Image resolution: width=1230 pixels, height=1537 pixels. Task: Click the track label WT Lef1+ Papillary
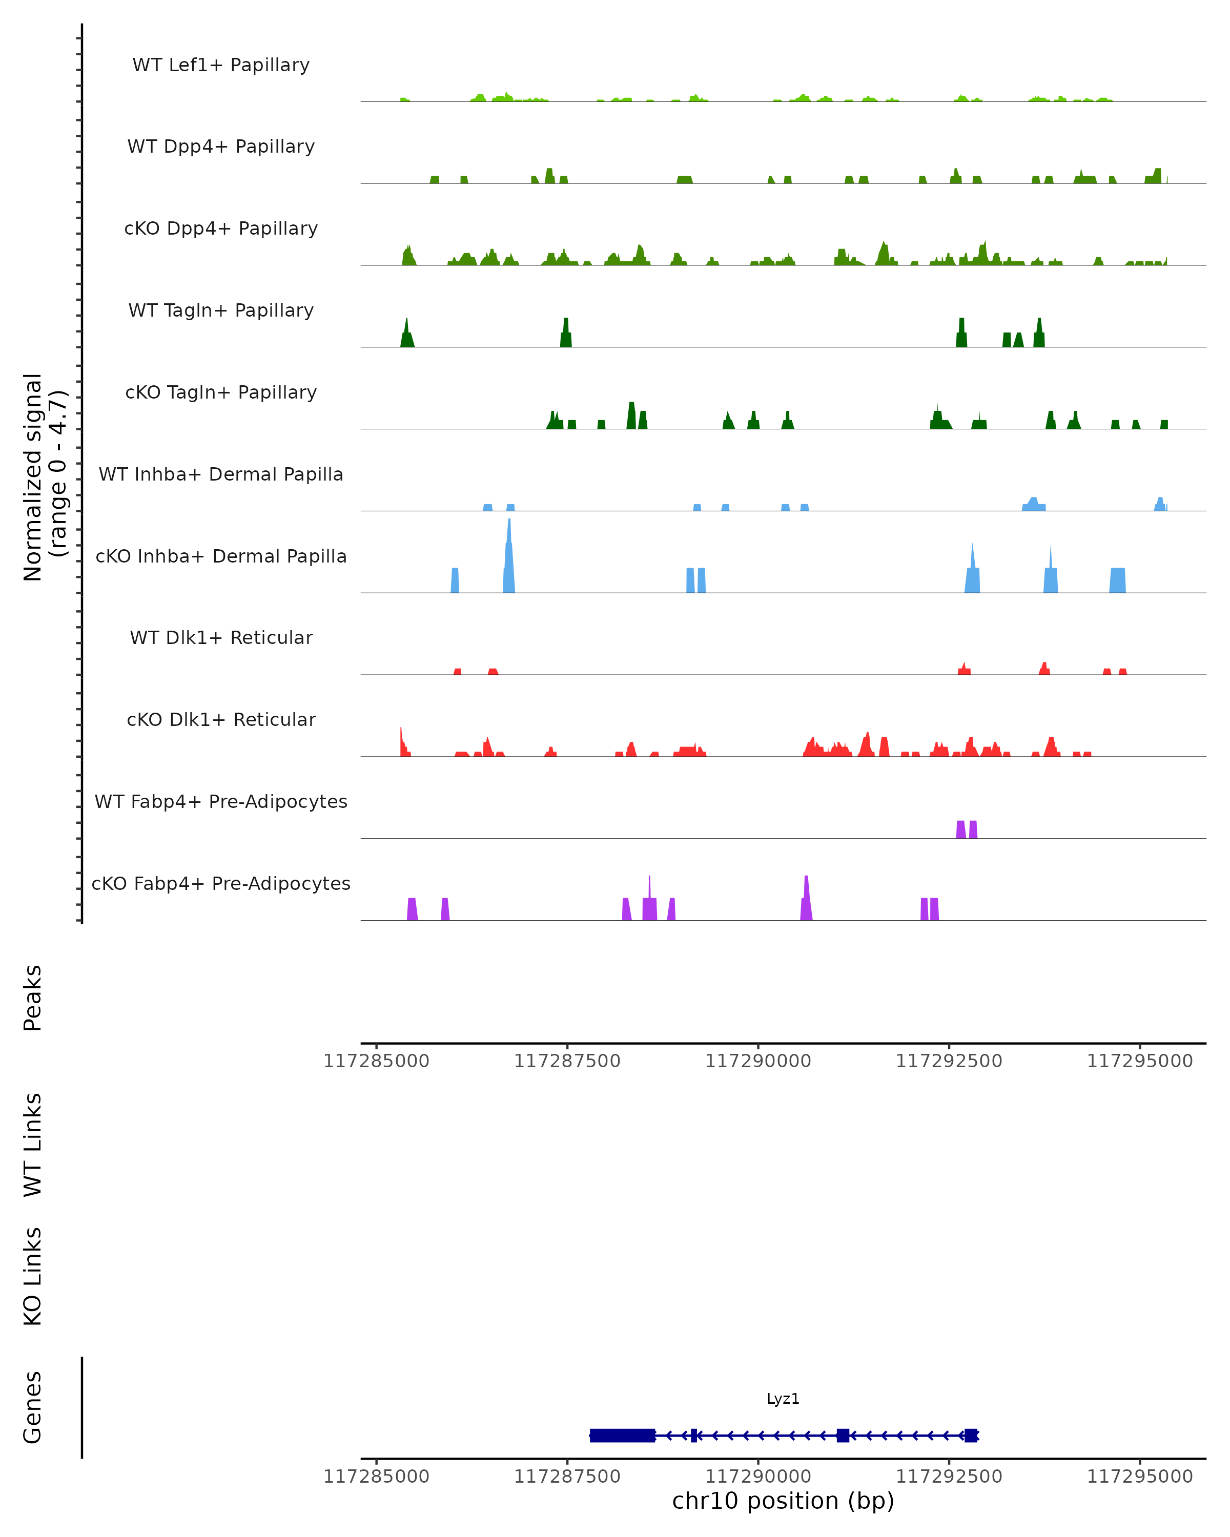[221, 65]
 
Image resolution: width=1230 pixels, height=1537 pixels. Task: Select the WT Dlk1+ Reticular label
[221, 637]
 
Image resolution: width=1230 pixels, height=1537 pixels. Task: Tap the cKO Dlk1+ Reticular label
[221, 719]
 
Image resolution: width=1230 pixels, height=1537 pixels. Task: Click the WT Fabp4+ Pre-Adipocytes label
[221, 801]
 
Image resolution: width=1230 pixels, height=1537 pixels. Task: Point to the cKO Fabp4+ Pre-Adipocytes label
[221, 883]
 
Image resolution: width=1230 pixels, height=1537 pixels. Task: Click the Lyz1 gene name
[783, 1399]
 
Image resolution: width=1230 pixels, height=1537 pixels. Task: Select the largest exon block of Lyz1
[623, 1435]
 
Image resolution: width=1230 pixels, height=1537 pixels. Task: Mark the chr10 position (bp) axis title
[783, 1501]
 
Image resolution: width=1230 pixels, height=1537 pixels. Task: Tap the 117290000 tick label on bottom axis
[758, 1477]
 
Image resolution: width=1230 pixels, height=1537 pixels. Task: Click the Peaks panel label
[33, 998]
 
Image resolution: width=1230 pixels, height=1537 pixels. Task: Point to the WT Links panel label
[33, 1145]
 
